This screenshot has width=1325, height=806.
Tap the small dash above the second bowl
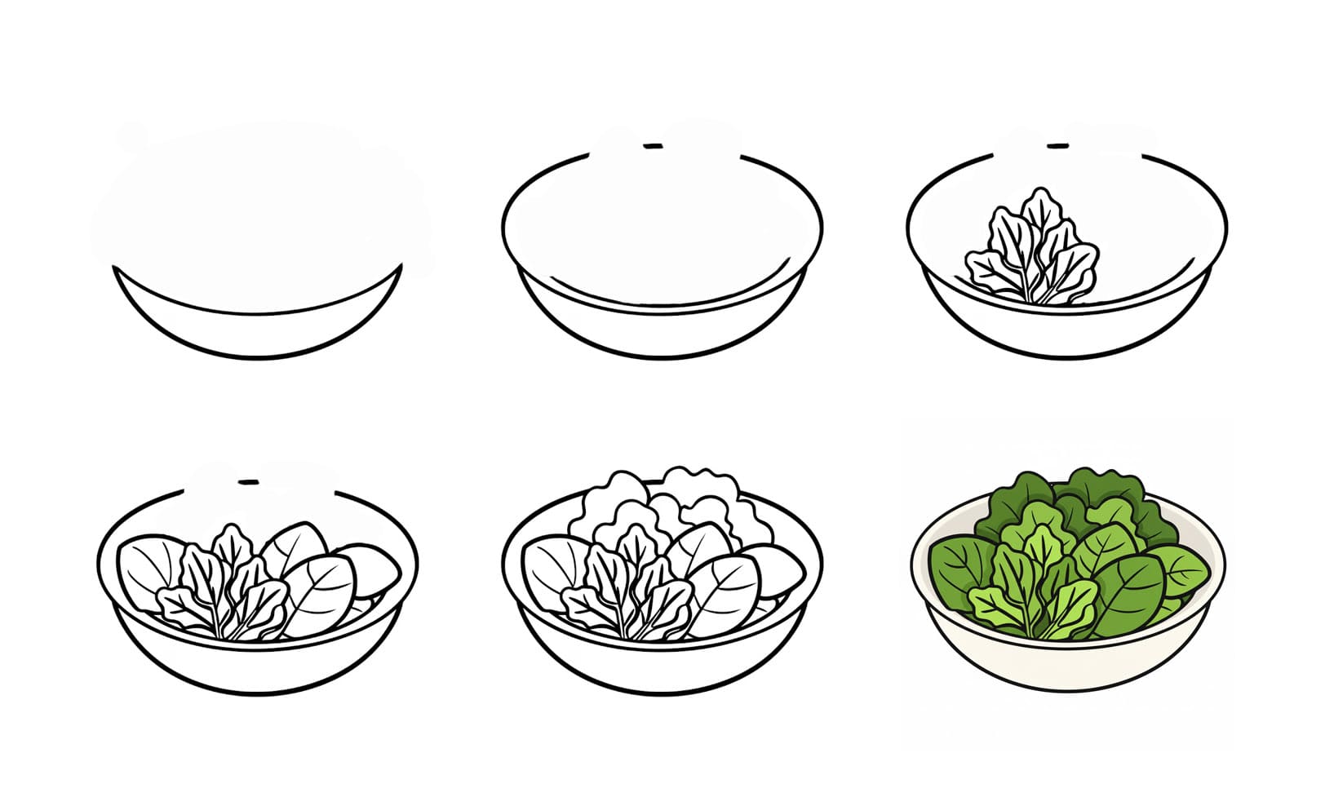click(x=652, y=147)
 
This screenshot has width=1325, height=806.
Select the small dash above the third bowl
click(x=1057, y=147)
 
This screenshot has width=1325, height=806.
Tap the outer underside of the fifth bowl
click(x=661, y=669)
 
